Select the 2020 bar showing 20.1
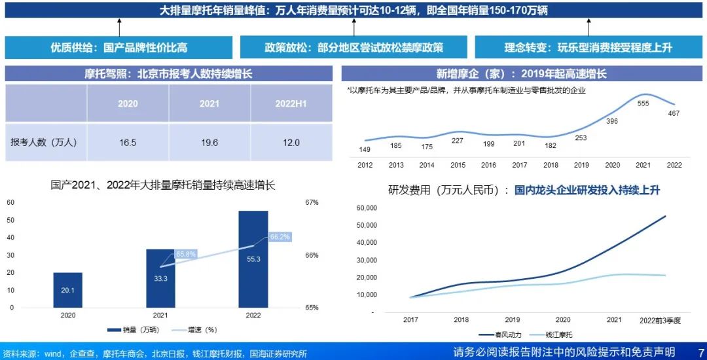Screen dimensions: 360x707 coord(68,290)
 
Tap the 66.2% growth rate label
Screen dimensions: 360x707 coord(280,236)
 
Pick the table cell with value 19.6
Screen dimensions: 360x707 coord(209,142)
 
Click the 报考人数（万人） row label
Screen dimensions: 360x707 coord(45,142)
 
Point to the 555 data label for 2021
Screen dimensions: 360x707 coord(643,103)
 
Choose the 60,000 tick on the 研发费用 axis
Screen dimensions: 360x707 coord(367,208)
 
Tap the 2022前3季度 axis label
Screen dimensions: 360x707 coord(661,320)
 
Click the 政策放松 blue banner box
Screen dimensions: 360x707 coord(353,48)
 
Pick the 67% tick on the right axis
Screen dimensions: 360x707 coord(312,202)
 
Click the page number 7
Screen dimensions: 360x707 coord(700,352)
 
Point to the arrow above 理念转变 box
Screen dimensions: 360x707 coord(588,27)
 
